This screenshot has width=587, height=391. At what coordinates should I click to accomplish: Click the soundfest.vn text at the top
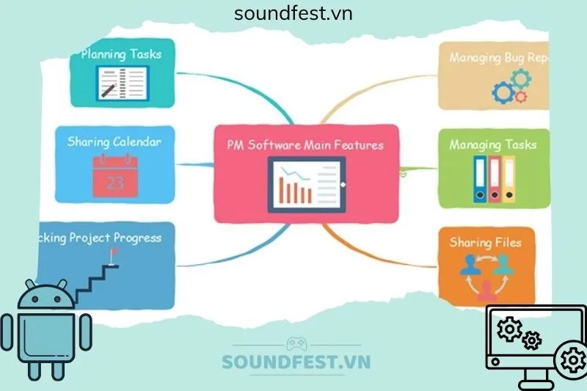pyautogui.click(x=293, y=13)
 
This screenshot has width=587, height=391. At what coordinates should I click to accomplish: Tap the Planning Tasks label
pyautogui.click(x=121, y=54)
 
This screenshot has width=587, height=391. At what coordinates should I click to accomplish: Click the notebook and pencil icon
pyautogui.click(x=122, y=83)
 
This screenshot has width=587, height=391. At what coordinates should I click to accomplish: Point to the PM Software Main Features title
pyautogui.click(x=305, y=145)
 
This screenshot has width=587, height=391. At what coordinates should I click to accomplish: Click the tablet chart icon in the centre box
pyautogui.click(x=306, y=184)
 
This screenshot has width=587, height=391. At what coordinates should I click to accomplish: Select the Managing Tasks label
pyautogui.click(x=492, y=145)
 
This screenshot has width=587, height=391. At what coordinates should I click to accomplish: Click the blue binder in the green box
pyautogui.click(x=479, y=179)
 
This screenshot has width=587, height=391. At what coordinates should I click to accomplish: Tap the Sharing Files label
pyautogui.click(x=485, y=241)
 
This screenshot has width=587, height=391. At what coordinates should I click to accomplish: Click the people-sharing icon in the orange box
pyautogui.click(x=486, y=271)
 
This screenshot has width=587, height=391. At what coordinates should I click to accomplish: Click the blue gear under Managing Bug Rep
pyautogui.click(x=503, y=92)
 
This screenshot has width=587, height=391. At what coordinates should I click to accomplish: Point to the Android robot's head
pyautogui.click(x=45, y=296)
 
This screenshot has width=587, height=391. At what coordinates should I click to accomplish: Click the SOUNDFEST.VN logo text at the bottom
pyautogui.click(x=296, y=362)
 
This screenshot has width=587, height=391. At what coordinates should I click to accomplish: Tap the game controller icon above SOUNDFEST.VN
pyautogui.click(x=296, y=343)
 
